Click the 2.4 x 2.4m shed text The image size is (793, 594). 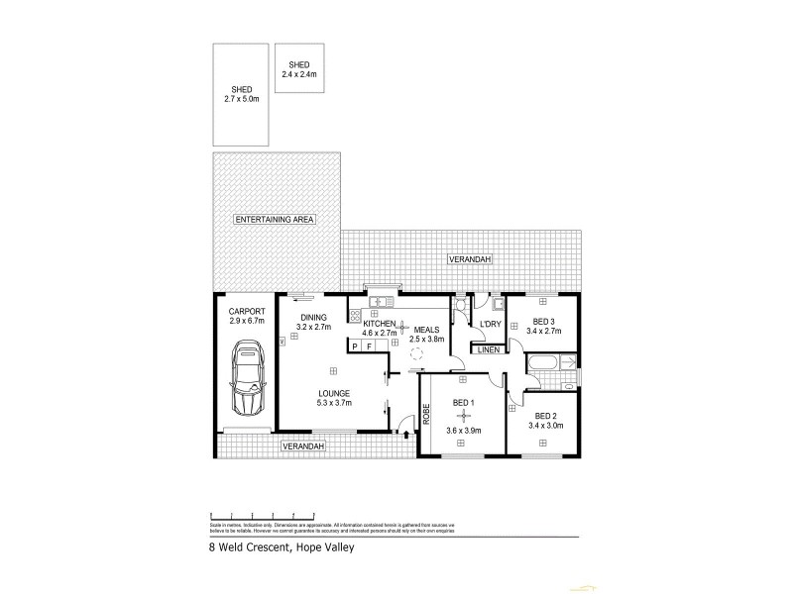[300, 76]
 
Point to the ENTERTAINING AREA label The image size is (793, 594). [274, 219]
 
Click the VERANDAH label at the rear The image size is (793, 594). [469, 259]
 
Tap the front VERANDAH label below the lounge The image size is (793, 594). [302, 446]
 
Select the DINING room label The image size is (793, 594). [313, 318]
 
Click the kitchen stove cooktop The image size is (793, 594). [355, 317]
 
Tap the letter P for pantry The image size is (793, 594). [354, 346]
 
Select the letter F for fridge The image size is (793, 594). [369, 346]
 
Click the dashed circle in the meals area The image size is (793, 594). [417, 352]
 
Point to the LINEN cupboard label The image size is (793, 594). [487, 349]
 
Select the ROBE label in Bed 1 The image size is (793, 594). [426, 414]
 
